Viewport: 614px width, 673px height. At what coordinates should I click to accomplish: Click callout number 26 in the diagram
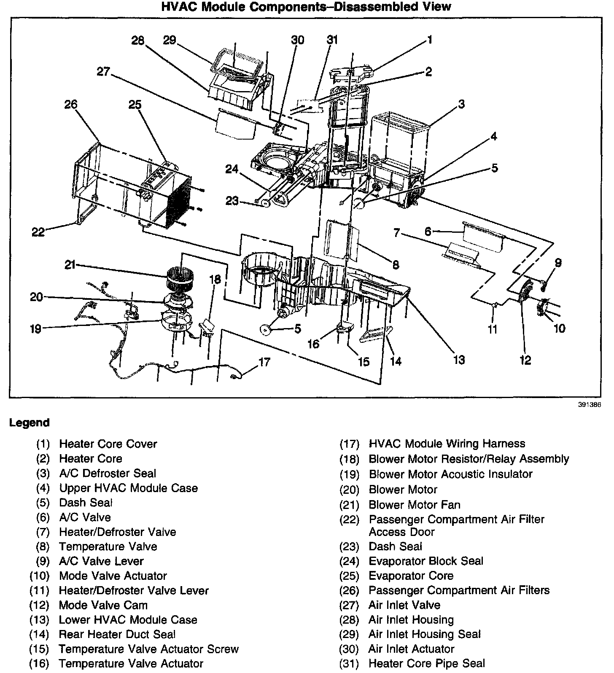click(x=71, y=104)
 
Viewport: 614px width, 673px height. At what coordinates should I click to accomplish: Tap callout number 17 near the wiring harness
click(x=264, y=362)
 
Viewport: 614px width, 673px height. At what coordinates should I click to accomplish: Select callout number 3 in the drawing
click(x=462, y=104)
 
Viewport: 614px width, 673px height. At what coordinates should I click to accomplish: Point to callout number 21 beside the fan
click(x=70, y=265)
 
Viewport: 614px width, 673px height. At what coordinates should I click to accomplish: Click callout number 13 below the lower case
click(x=459, y=359)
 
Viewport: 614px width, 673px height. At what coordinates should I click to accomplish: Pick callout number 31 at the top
click(x=332, y=40)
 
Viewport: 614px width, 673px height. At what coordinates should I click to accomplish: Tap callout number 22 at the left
click(x=38, y=232)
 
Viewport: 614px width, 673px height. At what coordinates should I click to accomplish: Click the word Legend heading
click(x=30, y=423)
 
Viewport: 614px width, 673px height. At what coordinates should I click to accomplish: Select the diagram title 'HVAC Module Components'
click(x=306, y=7)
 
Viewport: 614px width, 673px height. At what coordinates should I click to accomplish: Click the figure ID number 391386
click(x=589, y=404)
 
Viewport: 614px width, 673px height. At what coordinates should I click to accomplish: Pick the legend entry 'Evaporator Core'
click(x=411, y=576)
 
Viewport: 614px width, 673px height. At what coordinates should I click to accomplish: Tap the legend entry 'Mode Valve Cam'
click(x=103, y=605)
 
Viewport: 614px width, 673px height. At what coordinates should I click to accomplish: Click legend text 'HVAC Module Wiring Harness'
click(x=447, y=444)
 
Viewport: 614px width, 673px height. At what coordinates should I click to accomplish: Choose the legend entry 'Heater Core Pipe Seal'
click(x=426, y=663)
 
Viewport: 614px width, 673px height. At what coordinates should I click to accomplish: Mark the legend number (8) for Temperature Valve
click(x=43, y=546)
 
